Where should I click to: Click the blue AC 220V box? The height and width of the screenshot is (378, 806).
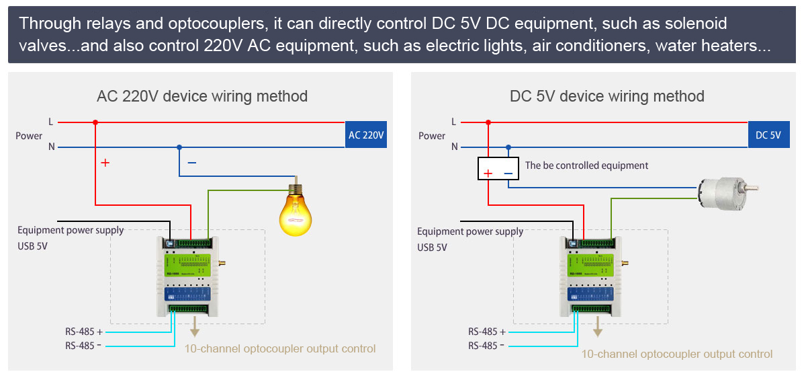click(366, 135)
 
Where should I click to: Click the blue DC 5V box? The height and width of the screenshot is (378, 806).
click(768, 135)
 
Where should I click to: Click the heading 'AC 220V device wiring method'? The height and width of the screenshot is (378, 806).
click(202, 96)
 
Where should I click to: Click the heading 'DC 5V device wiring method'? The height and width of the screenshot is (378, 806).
click(607, 96)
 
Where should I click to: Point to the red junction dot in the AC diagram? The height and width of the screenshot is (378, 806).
click(95, 122)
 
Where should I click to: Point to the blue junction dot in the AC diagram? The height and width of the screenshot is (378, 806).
click(179, 147)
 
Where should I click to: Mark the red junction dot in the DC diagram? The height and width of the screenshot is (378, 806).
click(488, 122)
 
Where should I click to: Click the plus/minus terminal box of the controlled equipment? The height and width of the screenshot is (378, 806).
click(498, 169)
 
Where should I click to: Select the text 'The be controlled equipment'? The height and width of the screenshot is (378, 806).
click(586, 165)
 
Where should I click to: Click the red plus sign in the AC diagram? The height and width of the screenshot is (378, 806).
click(105, 163)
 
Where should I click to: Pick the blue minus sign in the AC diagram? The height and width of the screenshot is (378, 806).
click(191, 163)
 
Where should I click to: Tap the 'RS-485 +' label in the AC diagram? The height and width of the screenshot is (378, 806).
click(84, 331)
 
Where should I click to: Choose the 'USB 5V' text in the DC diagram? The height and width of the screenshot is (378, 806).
click(432, 247)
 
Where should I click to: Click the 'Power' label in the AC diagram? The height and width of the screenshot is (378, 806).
click(29, 136)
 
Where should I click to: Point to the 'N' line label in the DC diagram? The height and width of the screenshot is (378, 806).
click(455, 147)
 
